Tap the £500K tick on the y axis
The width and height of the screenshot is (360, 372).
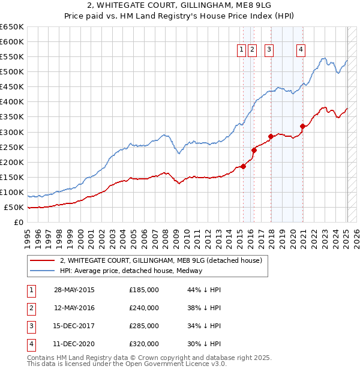(x=11, y=71)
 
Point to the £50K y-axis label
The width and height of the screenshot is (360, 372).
(x=14, y=207)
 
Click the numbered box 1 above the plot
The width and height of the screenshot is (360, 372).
(x=241, y=50)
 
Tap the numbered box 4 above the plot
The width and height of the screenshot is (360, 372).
(x=300, y=50)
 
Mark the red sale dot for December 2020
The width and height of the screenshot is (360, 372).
(x=303, y=125)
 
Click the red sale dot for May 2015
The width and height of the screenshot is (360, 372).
(x=244, y=166)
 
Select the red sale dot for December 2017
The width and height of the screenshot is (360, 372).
(x=271, y=136)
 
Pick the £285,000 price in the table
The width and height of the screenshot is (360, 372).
(x=144, y=326)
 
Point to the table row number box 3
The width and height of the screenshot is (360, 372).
(x=30, y=326)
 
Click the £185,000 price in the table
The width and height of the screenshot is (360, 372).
(x=144, y=290)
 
